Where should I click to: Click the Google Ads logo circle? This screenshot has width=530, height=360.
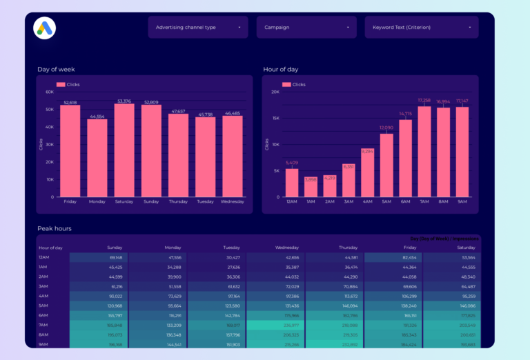[x=44, y=28]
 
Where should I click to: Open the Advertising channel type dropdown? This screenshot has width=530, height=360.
[x=197, y=28]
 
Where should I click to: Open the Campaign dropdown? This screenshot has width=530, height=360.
[x=306, y=28]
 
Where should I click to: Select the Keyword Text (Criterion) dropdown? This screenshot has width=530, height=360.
[x=421, y=28]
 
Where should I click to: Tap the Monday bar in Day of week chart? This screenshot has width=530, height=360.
[x=97, y=158]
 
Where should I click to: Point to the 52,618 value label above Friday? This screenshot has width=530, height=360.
[x=70, y=102]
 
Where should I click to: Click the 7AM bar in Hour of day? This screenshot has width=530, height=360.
[x=424, y=151]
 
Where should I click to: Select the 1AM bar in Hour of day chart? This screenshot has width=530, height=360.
[x=311, y=188]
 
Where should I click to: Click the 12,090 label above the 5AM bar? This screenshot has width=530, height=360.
[x=386, y=128]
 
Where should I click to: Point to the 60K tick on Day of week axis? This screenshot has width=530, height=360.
[x=50, y=92]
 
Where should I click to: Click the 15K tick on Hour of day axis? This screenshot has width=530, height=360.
[x=275, y=118]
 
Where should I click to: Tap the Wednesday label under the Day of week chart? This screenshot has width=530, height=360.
[x=232, y=202]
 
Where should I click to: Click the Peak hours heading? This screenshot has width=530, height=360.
[x=55, y=228]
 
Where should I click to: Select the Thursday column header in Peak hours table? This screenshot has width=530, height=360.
[x=348, y=247]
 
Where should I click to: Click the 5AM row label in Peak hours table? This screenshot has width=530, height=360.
[x=43, y=305]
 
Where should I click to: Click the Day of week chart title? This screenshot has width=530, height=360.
[x=57, y=69]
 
